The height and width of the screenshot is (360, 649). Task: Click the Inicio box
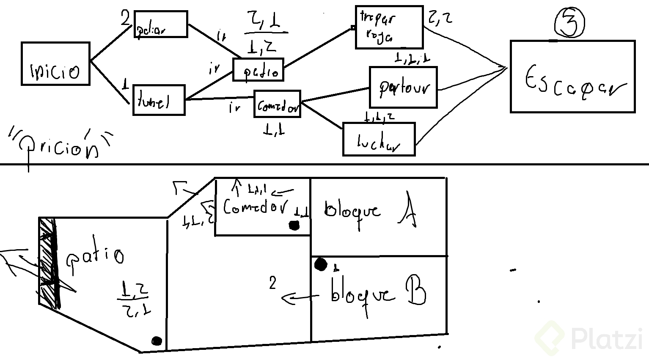point(55,64)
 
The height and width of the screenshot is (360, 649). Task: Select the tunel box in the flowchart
point(159,100)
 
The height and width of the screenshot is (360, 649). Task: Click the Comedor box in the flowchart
point(277,104)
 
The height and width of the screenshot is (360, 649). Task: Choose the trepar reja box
point(389,27)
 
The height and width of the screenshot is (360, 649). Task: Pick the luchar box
point(379,140)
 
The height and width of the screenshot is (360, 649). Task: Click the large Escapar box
point(572,77)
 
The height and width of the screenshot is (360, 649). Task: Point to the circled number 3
point(569,23)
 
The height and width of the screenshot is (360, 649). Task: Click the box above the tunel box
point(160,25)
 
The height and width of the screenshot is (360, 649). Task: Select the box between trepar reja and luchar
point(403,87)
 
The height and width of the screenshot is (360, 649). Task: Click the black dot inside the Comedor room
point(294,225)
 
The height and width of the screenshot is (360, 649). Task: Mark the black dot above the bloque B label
point(321,264)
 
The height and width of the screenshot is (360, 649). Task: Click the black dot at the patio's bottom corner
point(157,341)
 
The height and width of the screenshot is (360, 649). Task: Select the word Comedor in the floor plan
point(256,207)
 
